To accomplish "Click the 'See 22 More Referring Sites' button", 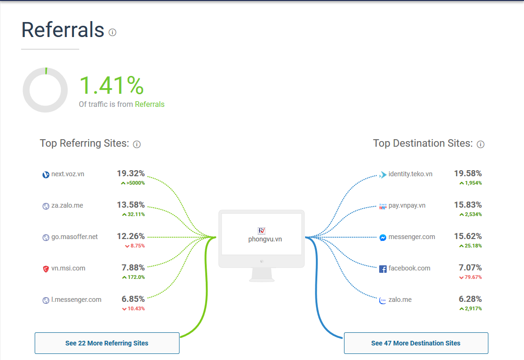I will (x=107, y=343).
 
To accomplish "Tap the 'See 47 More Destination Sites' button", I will (x=416, y=343).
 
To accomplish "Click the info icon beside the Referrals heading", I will (x=112, y=32).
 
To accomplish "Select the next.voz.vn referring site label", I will (x=67, y=174).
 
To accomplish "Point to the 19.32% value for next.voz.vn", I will (x=131, y=174).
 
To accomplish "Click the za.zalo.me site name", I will (x=67, y=205).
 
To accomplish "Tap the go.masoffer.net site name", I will (x=75, y=237).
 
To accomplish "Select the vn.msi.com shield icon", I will (x=45, y=269).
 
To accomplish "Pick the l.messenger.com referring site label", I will (x=76, y=300).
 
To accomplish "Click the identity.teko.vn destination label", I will (x=410, y=174).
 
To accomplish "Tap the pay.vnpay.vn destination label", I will (x=407, y=205).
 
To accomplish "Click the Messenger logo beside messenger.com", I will (x=383, y=238).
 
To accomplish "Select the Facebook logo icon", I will (x=383, y=269).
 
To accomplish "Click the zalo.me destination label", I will (x=400, y=300).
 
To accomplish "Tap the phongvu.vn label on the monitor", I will (x=265, y=239).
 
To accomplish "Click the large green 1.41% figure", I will (x=111, y=86).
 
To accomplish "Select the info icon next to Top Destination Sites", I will (x=480, y=144).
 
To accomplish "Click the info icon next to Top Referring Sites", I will (x=137, y=144).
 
